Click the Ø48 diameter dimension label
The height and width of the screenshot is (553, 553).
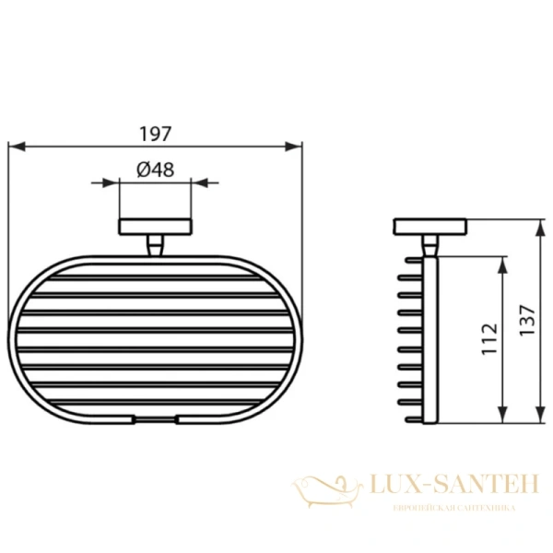pyautogui.click(x=155, y=170)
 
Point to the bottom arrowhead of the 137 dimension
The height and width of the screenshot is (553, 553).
pyautogui.click(x=537, y=418)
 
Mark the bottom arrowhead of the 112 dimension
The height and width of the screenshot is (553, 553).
pyautogui.click(x=501, y=418)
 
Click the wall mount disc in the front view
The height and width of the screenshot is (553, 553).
pyautogui.click(x=155, y=227)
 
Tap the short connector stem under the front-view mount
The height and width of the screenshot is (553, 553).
pyautogui.click(x=155, y=246)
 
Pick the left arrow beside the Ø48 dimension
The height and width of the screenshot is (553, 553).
pyautogui.click(x=99, y=182)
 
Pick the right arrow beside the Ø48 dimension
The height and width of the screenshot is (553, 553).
pyautogui.click(x=212, y=182)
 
